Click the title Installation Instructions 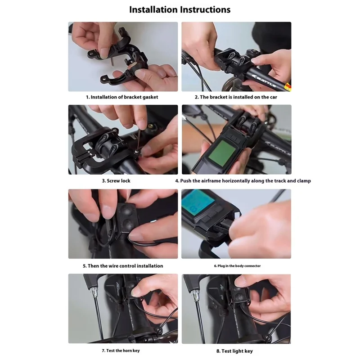(x=180, y=9)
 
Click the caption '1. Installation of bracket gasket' (x=122, y=97)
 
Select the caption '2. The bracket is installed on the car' (x=236, y=97)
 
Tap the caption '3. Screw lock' (x=116, y=181)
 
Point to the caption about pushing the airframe (x=243, y=181)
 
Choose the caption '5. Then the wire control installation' (x=123, y=266)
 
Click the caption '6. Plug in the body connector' (x=237, y=266)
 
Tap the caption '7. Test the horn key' (x=121, y=351)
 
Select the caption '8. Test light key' (x=234, y=351)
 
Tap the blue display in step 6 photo (x=198, y=202)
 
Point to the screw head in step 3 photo (x=137, y=151)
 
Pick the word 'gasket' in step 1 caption (x=150, y=97)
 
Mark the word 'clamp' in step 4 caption (x=304, y=181)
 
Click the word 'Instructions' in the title (x=205, y=9)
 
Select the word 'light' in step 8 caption (x=238, y=351)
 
